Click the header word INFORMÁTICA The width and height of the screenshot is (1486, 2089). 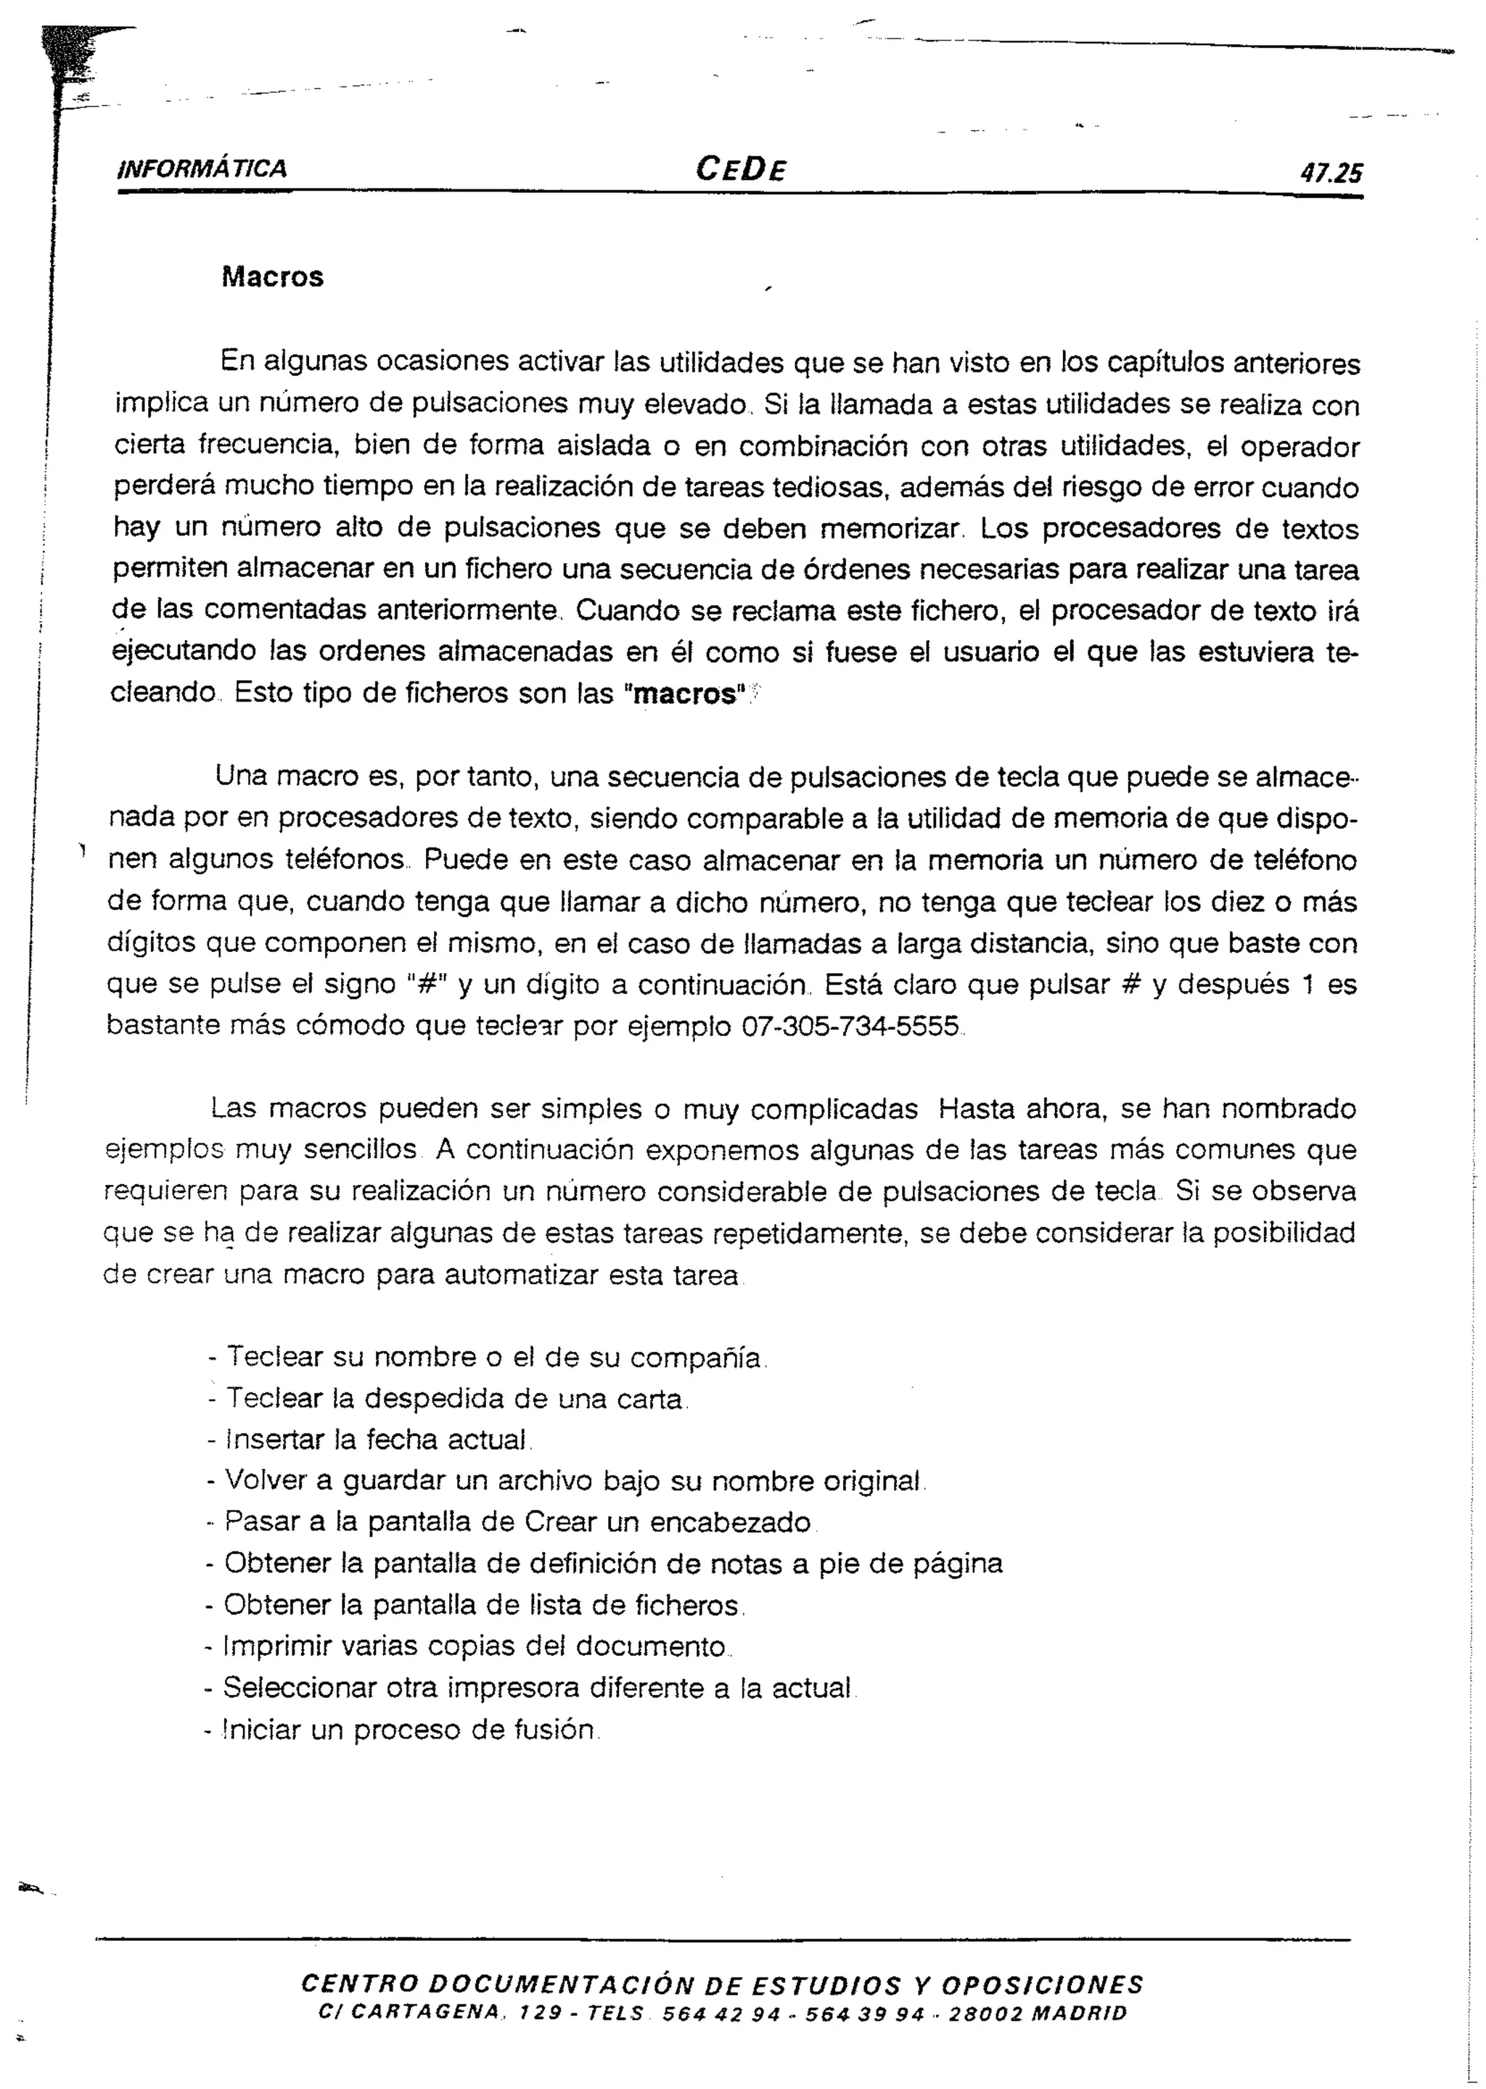tap(202, 168)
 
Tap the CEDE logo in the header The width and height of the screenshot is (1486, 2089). tap(740, 168)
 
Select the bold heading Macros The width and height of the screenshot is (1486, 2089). tap(272, 277)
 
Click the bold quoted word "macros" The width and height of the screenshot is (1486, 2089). tap(684, 694)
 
